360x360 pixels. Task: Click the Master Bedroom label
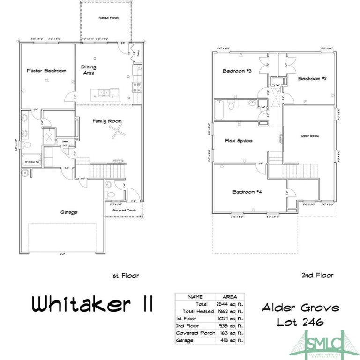tap(46, 71)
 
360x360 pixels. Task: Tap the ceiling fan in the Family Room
tap(118, 132)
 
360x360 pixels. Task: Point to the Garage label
tap(69, 212)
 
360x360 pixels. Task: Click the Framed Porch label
tap(108, 18)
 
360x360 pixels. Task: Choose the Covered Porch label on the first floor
tap(124, 210)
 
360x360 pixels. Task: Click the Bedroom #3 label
tap(237, 71)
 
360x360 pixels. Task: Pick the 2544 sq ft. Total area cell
tap(230, 304)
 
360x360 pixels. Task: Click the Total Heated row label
tap(195, 311)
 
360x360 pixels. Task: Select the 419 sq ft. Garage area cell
tap(230, 340)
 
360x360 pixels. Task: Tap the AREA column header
tap(230, 297)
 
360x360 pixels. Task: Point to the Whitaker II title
tap(93, 306)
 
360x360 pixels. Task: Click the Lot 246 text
tap(300, 322)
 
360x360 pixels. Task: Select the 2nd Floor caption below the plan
tap(317, 275)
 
